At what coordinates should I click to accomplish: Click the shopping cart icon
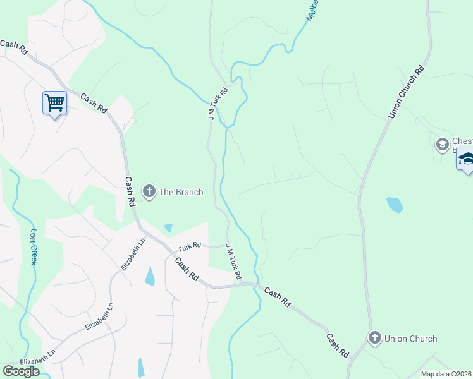pyautogui.click(x=55, y=102)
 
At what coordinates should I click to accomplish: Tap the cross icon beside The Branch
pyautogui.click(x=149, y=192)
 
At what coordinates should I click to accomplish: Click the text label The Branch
pyautogui.click(x=181, y=192)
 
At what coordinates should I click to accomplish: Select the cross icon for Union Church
pyautogui.click(x=374, y=339)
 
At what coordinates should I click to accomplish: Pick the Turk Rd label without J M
pyautogui.click(x=188, y=245)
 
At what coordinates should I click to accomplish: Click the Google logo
pyautogui.click(x=21, y=371)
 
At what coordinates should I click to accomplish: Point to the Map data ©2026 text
pyautogui.click(x=446, y=374)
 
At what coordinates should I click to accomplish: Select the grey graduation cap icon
pyautogui.click(x=442, y=145)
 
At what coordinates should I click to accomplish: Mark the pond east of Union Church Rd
pyautogui.click(x=395, y=205)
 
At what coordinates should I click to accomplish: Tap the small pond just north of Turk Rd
pyautogui.click(x=168, y=227)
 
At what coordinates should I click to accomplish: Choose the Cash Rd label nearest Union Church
pyautogui.click(x=338, y=346)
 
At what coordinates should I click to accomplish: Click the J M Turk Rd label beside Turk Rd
pyautogui.click(x=233, y=262)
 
